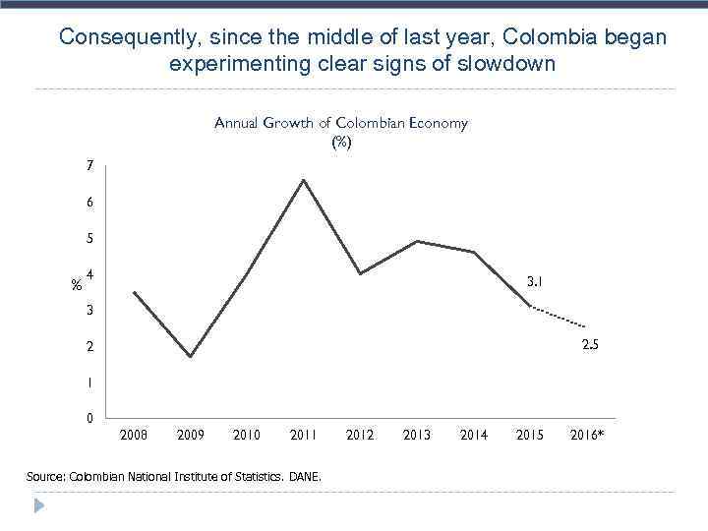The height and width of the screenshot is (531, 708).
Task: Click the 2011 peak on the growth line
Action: coord(304,180)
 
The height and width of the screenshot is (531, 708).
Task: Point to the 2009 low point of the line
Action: coord(190,356)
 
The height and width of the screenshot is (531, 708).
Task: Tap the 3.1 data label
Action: coord(536,282)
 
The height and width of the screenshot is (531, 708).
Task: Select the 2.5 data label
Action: coord(590,345)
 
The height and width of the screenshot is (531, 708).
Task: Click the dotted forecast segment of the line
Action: coord(559,317)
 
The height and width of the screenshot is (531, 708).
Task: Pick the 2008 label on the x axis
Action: coord(134,435)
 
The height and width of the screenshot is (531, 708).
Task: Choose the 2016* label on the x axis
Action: coord(588,435)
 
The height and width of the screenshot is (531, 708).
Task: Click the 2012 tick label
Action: coord(360,435)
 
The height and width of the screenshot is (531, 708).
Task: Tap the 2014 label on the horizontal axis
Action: coord(474,435)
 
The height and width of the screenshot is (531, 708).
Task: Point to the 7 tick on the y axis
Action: coord(89,166)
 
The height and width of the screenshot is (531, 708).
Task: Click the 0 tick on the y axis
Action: coord(89,419)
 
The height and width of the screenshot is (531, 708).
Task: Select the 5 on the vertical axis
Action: coord(89,239)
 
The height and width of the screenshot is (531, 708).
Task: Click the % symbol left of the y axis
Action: coord(76,286)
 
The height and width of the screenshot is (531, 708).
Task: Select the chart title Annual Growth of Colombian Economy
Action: coord(341,123)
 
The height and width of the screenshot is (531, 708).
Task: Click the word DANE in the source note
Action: coord(306,477)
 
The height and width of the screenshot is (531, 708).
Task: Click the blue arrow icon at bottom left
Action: coord(39,506)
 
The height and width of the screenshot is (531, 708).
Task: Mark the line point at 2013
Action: coord(418,241)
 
